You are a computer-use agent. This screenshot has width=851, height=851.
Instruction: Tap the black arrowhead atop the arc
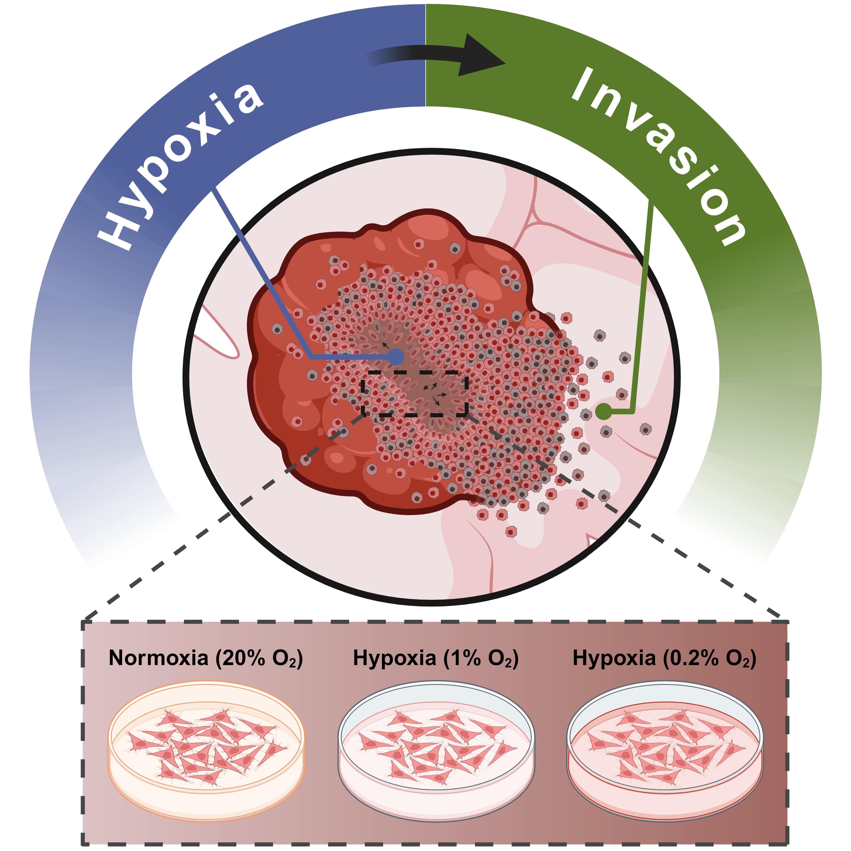click(x=482, y=56)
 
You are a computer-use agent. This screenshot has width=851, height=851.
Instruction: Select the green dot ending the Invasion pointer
click(x=603, y=411)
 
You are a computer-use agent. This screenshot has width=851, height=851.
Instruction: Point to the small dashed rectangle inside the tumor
click(x=414, y=393)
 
